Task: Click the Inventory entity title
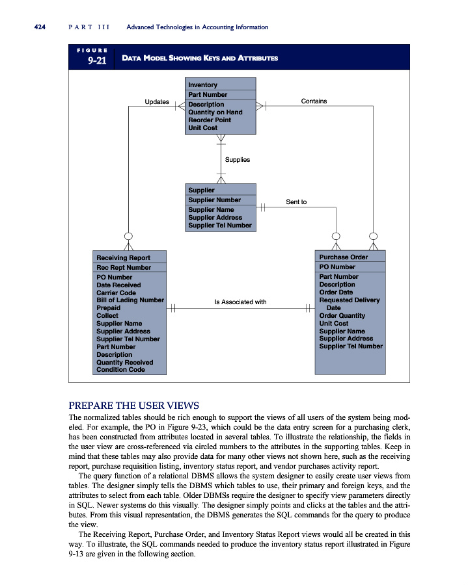[202, 85]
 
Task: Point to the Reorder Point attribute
[210, 120]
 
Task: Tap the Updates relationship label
[156, 102]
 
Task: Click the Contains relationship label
[314, 101]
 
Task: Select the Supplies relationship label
[237, 159]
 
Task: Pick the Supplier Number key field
[214, 200]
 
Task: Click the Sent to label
[296, 202]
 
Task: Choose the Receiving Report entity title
[123, 258]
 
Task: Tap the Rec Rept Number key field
[124, 268]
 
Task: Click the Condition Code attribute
[120, 370]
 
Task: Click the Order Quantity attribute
[342, 316]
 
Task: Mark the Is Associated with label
[240, 302]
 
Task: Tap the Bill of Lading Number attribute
[130, 300]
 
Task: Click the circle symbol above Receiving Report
[129, 236]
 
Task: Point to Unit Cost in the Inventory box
[203, 128]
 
